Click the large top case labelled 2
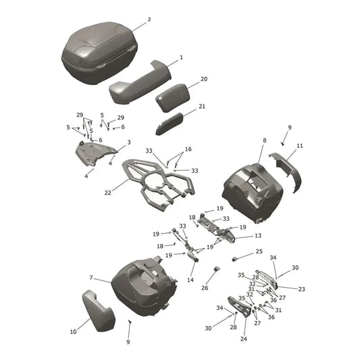tap(99, 53)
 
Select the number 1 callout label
tap(181, 57)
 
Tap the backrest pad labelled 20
tap(173, 97)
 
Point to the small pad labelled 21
tap(170, 124)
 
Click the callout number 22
tap(107, 192)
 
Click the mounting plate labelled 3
tap(95, 153)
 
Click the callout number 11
tap(300, 146)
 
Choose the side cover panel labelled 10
tap(98, 311)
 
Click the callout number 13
tap(258, 236)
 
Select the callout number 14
tap(190, 280)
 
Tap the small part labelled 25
tap(234, 259)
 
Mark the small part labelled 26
tap(217, 269)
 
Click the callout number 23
tap(301, 289)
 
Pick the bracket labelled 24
tap(240, 307)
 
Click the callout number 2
tap(149, 20)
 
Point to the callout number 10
tap(73, 332)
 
